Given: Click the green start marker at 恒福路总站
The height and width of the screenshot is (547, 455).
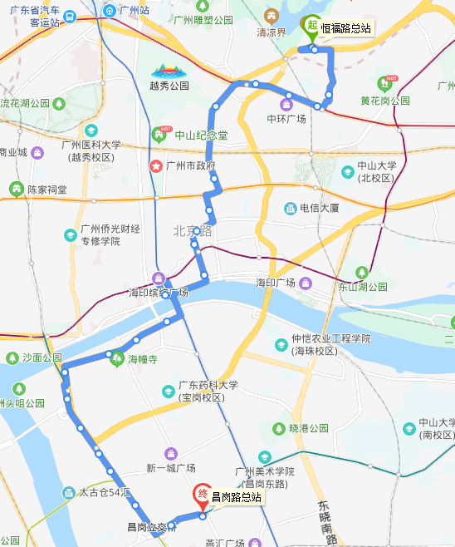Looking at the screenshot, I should tap(312, 26).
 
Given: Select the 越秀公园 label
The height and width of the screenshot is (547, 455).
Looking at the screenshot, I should tap(169, 85).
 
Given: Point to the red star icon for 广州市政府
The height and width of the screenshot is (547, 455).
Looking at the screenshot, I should tap(155, 166).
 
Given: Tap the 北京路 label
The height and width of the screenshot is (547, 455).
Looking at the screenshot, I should tap(193, 230).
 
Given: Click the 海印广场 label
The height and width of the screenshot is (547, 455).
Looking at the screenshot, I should tap(276, 283).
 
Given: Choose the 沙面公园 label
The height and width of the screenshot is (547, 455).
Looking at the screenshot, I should tap(42, 357).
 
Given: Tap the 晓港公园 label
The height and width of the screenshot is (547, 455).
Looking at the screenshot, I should tap(308, 428).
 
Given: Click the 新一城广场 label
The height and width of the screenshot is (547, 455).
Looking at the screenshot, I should tap(170, 467).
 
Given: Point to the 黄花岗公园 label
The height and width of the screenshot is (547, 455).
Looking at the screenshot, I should tap(384, 101).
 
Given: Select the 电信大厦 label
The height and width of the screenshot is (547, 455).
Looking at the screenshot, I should tap(320, 208).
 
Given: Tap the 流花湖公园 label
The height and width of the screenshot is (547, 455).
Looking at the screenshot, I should tap(25, 104).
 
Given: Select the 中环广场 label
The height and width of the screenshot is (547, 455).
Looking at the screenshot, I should tap(286, 119).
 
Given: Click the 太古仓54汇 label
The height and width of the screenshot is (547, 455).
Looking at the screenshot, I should tap(105, 492).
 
